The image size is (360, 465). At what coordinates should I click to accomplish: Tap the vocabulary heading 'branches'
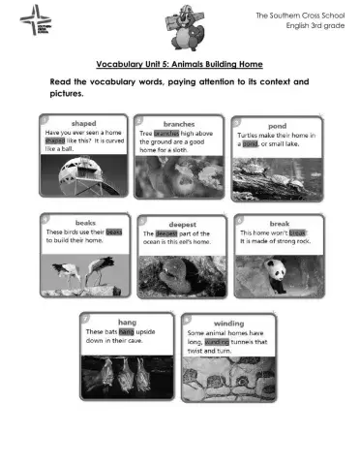click(x=179, y=124)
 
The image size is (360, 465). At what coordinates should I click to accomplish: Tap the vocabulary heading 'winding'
click(x=228, y=323)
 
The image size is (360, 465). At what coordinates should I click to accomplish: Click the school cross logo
click(x=32, y=19)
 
